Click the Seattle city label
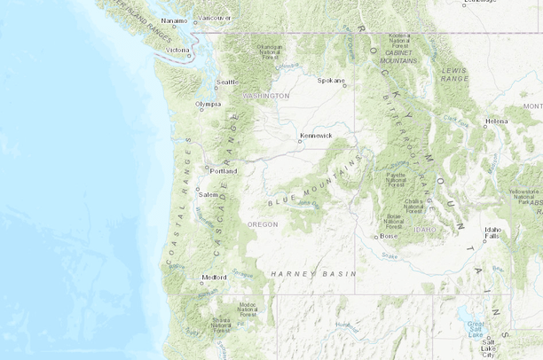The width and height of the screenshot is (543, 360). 228,82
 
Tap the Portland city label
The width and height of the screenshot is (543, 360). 224,171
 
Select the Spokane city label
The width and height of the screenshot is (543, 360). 330,80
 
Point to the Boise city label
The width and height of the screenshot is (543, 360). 389,236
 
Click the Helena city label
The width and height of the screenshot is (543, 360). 497,121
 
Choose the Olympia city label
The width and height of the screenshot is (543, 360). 208,104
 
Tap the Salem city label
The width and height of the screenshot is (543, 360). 209,194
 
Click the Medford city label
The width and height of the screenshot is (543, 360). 214,277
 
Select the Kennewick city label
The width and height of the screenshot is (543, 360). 316,136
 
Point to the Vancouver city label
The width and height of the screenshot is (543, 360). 215,18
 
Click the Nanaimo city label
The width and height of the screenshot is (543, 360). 174,21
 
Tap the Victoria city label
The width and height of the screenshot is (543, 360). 177,50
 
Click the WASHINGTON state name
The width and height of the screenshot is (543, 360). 266,95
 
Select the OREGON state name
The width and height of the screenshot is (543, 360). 263,224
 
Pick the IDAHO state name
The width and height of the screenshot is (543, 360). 426,229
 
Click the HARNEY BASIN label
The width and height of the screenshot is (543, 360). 301,272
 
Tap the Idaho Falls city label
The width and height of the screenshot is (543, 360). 492,232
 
